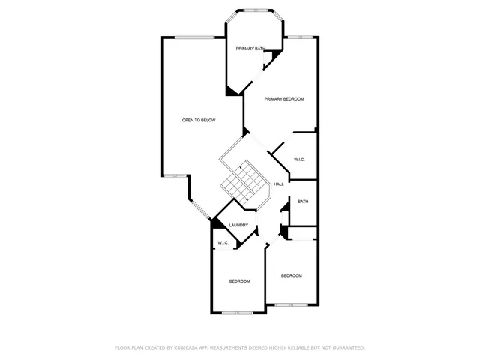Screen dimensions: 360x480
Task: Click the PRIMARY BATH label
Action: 250,49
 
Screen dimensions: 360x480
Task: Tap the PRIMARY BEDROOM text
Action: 284,99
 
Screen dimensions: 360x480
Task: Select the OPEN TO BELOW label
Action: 199,120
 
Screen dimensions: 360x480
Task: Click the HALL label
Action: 278,184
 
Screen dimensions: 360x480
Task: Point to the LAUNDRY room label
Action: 238,225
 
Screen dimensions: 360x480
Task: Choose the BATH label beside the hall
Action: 303,202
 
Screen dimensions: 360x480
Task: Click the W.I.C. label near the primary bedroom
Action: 299,160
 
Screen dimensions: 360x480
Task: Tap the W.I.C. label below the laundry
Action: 223,243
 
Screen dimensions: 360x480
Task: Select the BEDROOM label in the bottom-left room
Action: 239,280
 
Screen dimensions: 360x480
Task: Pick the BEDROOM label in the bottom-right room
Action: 292,275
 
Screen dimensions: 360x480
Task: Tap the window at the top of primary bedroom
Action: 301,37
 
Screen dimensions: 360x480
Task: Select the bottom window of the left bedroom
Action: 237,312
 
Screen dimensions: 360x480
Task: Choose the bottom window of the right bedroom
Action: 292,304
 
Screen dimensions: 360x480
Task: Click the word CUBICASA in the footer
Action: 193,348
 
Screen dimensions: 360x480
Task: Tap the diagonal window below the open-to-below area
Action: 201,209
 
